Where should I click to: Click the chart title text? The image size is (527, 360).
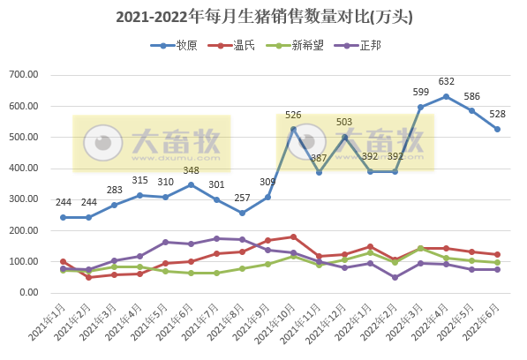coord(264,16)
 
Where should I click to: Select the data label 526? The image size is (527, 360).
coord(293,115)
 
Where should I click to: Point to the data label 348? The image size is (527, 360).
coord(192,170)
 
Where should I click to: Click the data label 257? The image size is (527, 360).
coord(243,199)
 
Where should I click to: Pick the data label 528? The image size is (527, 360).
coord(498,114)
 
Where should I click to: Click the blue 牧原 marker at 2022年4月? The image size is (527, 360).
coord(447,96)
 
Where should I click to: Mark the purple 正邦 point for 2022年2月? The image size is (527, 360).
coord(395,277)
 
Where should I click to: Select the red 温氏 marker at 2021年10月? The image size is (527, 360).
coord(293,236)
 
